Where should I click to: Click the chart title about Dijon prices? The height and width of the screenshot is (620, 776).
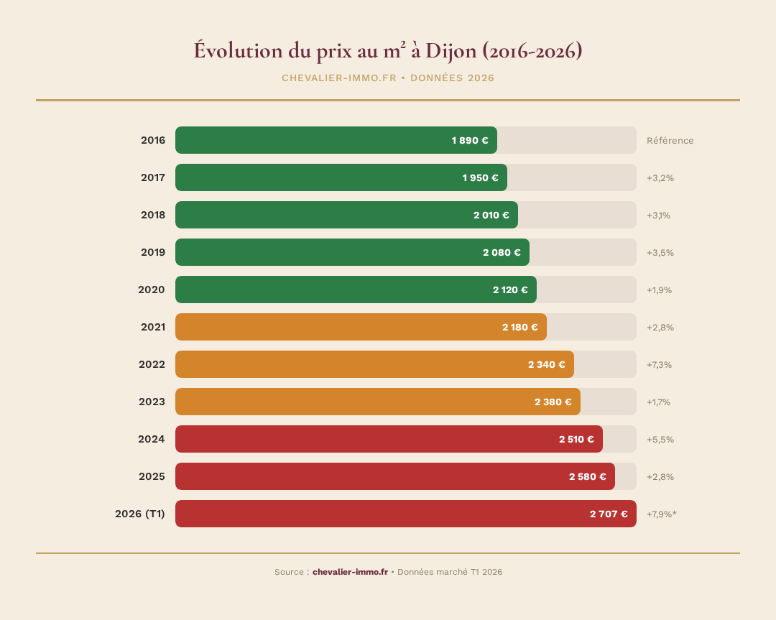[x=387, y=51]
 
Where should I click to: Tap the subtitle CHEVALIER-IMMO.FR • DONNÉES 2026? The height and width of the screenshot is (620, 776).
[x=387, y=78]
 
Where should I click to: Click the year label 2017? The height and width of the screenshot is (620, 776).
[x=153, y=177]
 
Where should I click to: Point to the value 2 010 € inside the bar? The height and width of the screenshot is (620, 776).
[x=491, y=215]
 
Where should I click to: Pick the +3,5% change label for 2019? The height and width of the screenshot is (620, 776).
[x=660, y=252]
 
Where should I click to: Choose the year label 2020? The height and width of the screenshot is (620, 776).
[x=152, y=290]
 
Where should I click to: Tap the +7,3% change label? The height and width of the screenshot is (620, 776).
[x=659, y=364]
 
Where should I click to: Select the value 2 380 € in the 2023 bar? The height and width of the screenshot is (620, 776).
[x=553, y=402]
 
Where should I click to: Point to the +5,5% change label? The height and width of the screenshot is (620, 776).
[x=660, y=439]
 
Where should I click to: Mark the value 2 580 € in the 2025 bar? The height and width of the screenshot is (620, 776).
[x=587, y=476]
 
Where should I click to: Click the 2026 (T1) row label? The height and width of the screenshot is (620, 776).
[x=140, y=514]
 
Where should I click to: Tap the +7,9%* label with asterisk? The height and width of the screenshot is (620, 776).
[x=662, y=514]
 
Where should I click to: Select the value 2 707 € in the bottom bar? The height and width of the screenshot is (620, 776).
[x=609, y=514]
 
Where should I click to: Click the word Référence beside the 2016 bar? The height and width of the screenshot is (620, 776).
[x=670, y=140]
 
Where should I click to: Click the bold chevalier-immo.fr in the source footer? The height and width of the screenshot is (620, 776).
[x=350, y=572]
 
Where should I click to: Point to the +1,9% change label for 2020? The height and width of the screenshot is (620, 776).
[x=659, y=290]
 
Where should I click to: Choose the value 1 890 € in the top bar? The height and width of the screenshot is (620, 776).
[x=470, y=140]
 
